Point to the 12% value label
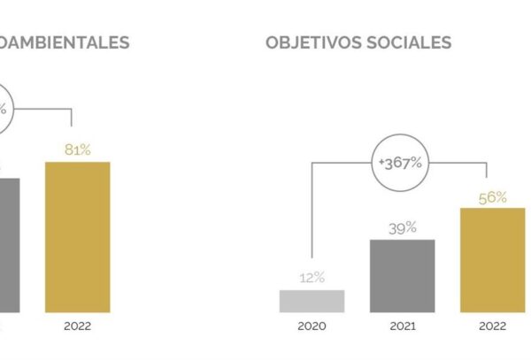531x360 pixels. (312, 278)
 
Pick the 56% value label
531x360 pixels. (492, 197)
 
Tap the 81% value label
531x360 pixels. (78, 150)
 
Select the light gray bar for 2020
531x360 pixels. (312, 301)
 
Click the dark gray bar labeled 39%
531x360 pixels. (403, 276)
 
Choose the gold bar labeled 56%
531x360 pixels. (492, 260)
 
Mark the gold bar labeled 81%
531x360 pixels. (78, 237)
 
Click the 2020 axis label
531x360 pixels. (312, 326)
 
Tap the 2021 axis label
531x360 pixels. (403, 326)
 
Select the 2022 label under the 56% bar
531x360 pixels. (492, 326)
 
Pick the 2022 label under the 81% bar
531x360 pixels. (78, 326)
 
